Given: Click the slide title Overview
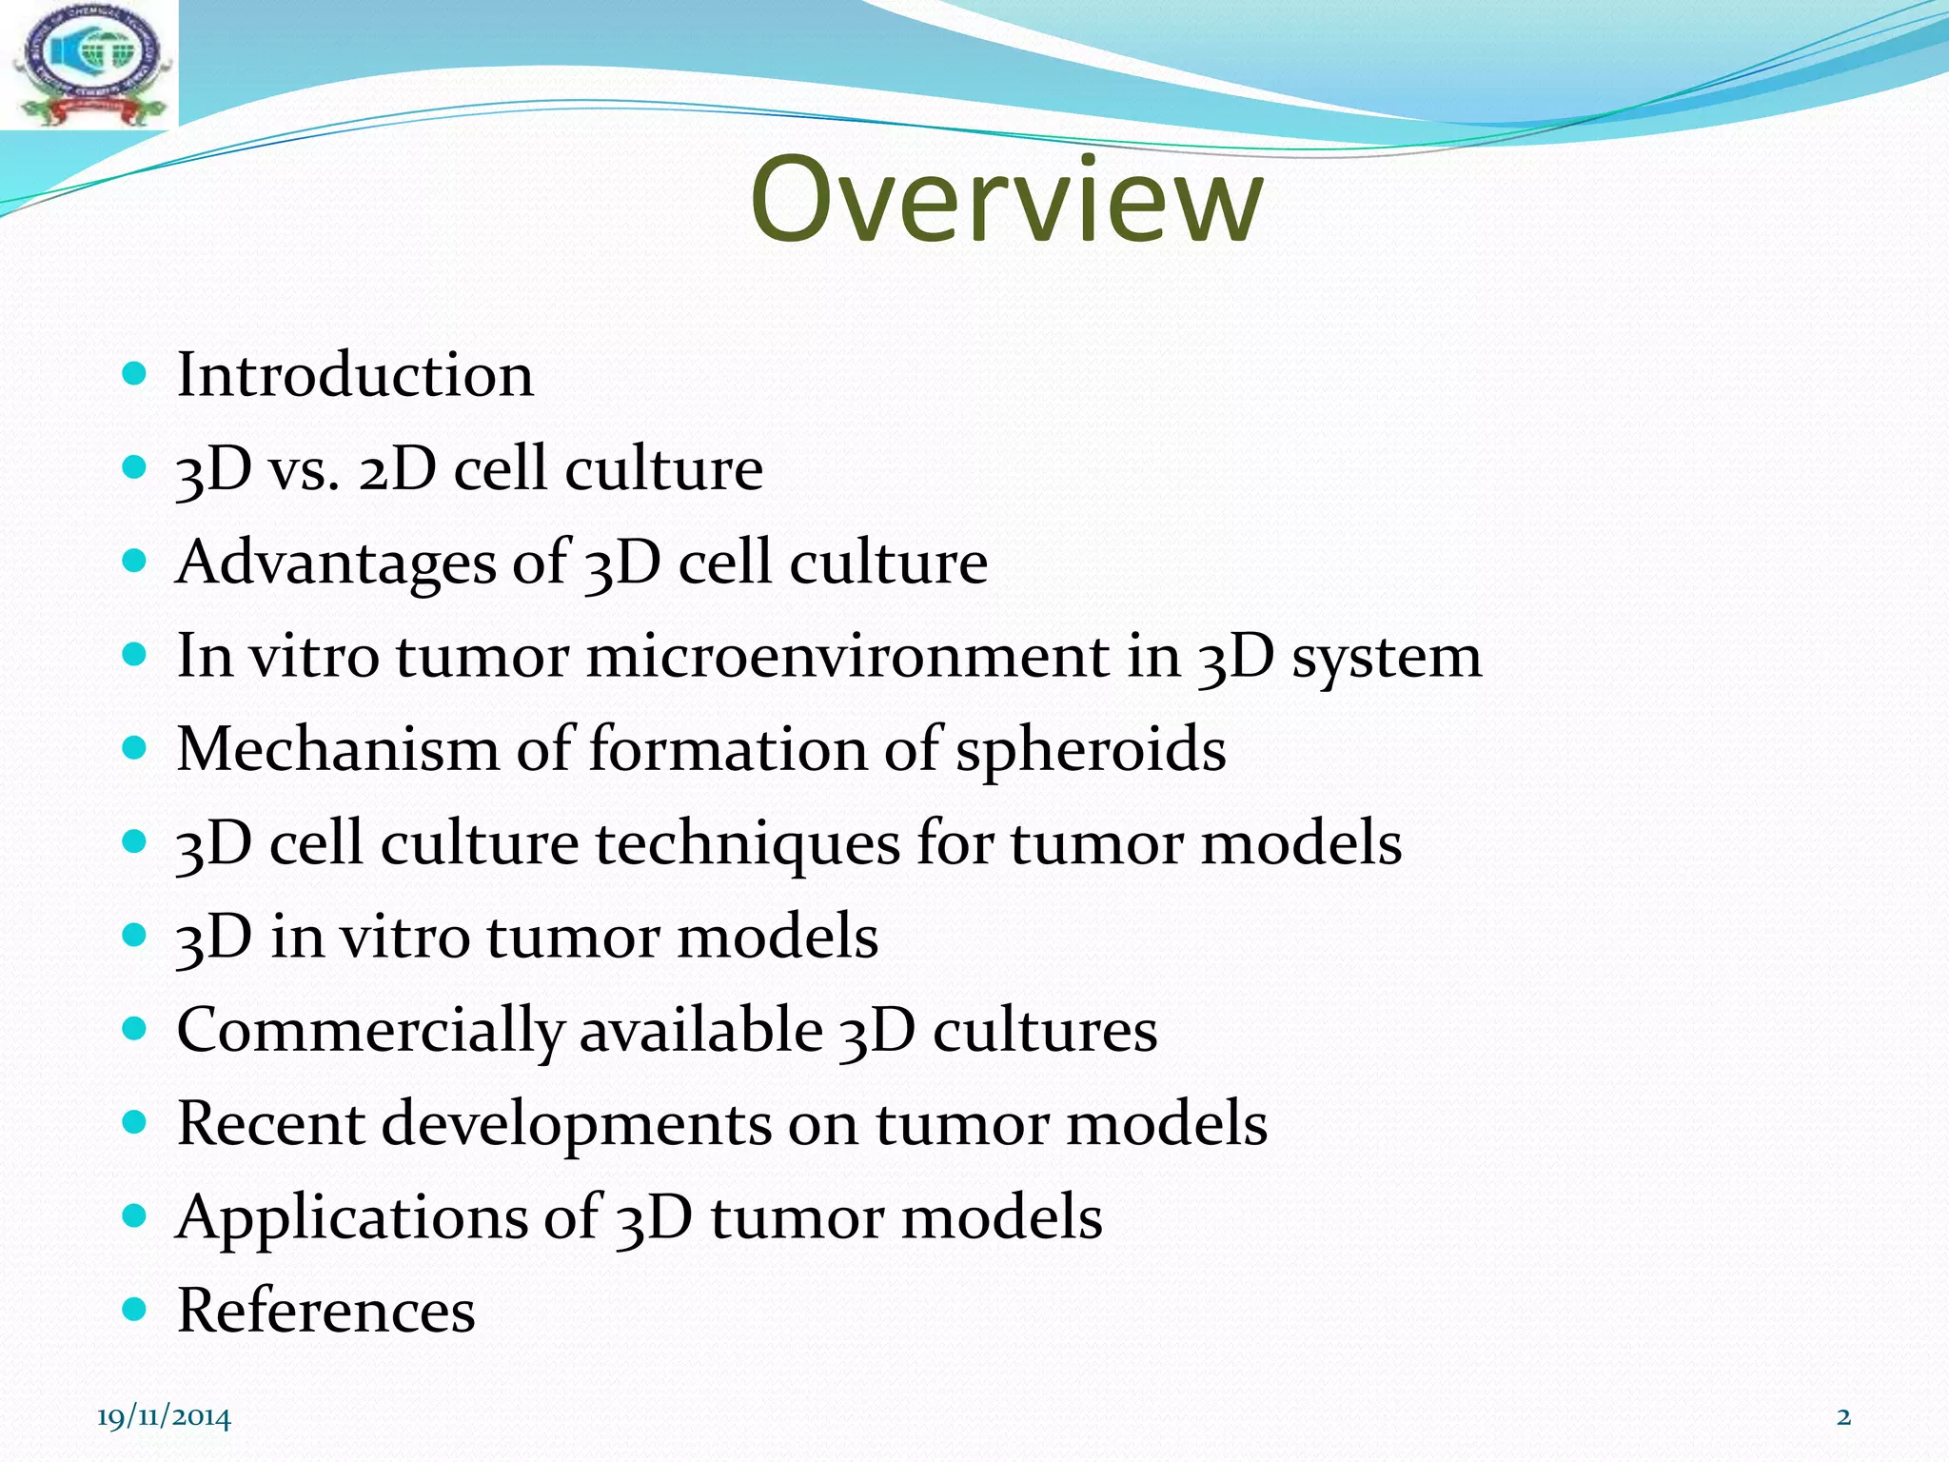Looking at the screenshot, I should tap(1006, 201).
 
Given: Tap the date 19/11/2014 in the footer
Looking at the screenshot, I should tap(164, 1417).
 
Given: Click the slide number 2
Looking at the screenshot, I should tap(1843, 1416).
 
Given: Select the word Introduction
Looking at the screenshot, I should tap(355, 375).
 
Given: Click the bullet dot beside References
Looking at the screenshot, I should tap(135, 1310).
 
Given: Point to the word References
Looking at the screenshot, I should tap(325, 1311).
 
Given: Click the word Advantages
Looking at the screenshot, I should tap(335, 563).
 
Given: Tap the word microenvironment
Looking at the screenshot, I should tap(847, 657).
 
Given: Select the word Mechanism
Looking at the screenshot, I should tap(337, 749).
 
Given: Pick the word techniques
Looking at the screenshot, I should tap(747, 844).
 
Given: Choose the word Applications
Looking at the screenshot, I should tap(350, 1218).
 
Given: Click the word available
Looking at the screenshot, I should tap(700, 1030).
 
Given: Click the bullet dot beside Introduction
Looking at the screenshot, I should tap(135, 373).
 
